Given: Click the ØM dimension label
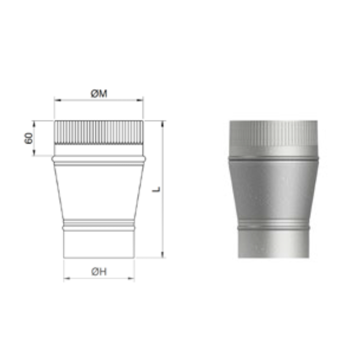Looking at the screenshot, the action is pyautogui.click(x=98, y=93).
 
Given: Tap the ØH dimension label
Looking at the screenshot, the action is pyautogui.click(x=98, y=272).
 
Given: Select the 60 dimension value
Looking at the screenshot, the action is pyautogui.click(x=28, y=138).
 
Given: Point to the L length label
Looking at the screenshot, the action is pyautogui.click(x=156, y=189).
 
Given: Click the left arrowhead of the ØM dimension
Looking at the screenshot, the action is pyautogui.click(x=57, y=100).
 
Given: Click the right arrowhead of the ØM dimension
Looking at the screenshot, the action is pyautogui.click(x=140, y=100).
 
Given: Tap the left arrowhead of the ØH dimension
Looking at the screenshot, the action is pyautogui.click(x=67, y=278).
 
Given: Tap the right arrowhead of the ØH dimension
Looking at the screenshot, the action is pyautogui.click(x=131, y=278).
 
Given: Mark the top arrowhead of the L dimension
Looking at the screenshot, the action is pyautogui.click(x=162, y=124).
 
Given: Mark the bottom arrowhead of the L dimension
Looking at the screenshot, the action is pyautogui.click(x=162, y=254).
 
